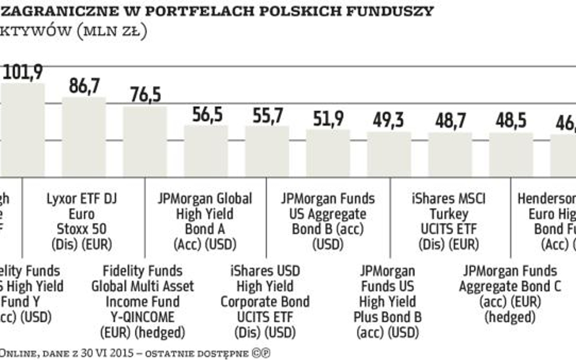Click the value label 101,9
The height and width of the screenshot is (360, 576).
point(22,72)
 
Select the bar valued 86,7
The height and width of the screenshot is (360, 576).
point(84,137)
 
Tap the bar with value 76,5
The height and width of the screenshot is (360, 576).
point(145,141)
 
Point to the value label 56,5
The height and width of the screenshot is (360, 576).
point(206,115)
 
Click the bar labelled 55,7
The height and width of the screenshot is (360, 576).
point(267,151)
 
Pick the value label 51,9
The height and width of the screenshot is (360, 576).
point(328,118)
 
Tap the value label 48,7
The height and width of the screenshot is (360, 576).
point(450,121)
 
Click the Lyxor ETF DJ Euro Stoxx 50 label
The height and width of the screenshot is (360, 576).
point(81,222)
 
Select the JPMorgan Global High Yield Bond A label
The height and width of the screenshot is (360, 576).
point(205,222)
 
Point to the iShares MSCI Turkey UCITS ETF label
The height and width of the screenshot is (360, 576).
point(448,222)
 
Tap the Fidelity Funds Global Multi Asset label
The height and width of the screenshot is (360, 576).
point(142,302)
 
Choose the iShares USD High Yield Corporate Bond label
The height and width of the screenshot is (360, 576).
point(264,302)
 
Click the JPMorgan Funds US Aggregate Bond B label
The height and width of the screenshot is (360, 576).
point(328,222)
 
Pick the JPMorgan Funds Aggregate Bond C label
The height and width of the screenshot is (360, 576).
point(509,294)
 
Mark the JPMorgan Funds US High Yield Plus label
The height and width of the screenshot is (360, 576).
point(388,302)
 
